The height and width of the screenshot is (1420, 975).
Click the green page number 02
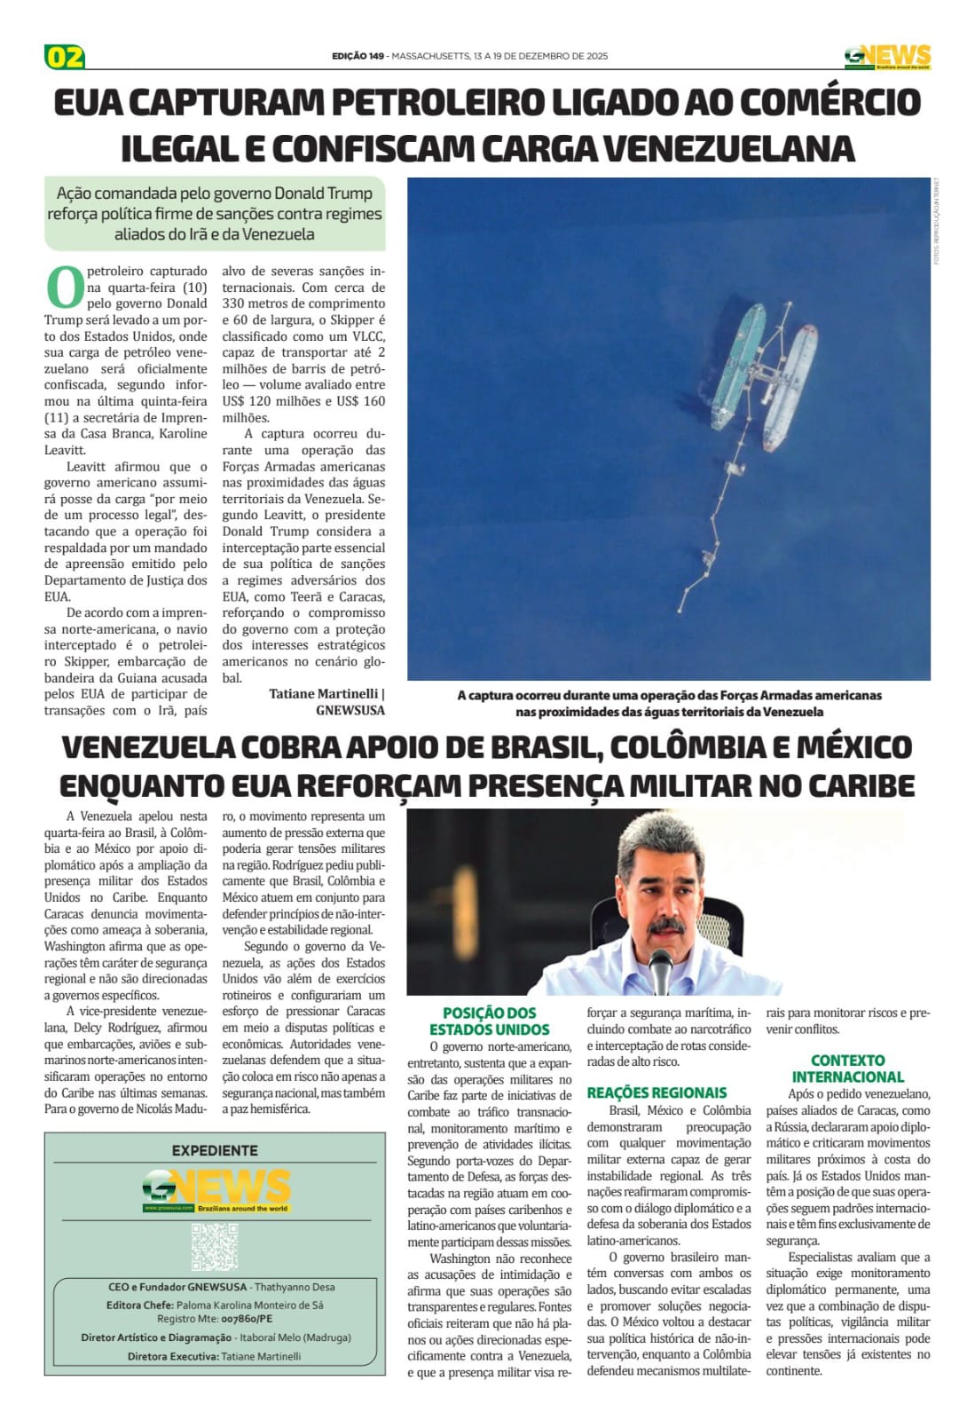pos(65,57)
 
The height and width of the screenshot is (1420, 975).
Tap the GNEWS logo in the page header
pos(886,57)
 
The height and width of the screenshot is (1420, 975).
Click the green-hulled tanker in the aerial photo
pos(740,355)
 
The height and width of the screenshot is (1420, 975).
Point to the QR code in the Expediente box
pos(215,1246)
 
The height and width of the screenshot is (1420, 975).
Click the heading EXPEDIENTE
pos(215,1150)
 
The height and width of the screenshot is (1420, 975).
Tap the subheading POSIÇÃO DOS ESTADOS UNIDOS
pos(489,1021)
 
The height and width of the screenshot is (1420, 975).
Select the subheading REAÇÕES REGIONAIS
pos(657,1093)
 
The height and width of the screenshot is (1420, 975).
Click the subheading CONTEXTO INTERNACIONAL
pos(847,1068)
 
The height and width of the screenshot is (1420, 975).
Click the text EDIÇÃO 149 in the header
pos(358,56)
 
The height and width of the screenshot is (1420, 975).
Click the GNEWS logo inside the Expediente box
pos(216,1190)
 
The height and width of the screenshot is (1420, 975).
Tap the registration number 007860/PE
pos(247,1320)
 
